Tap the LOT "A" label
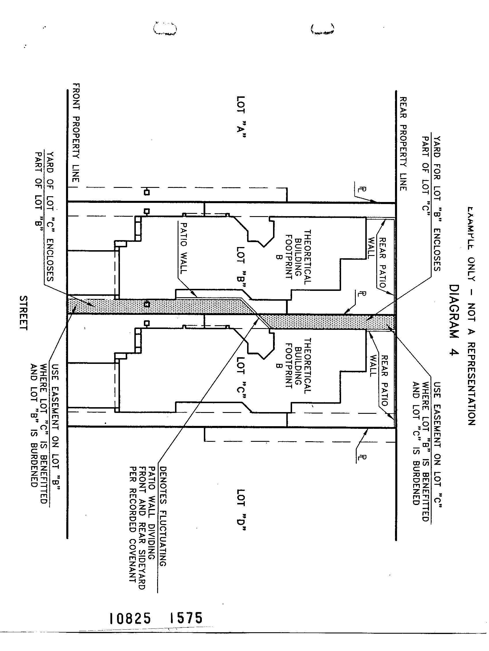[241, 117]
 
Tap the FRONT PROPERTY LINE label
[76, 132]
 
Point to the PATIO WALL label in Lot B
[183, 248]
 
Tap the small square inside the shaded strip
[147, 304]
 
